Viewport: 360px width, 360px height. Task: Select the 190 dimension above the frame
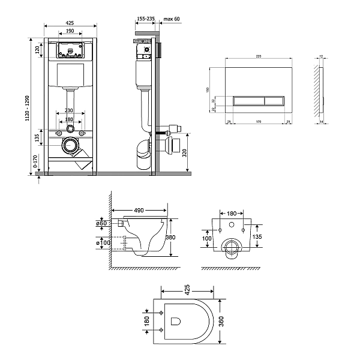(x=71, y=32)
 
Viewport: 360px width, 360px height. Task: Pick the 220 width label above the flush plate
(x=258, y=56)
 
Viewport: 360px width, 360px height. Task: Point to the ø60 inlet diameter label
(x=101, y=224)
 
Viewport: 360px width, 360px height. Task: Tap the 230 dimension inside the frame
(x=70, y=110)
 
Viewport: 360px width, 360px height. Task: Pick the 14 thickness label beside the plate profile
(x=322, y=122)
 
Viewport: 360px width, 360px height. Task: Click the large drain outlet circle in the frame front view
(x=71, y=145)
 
